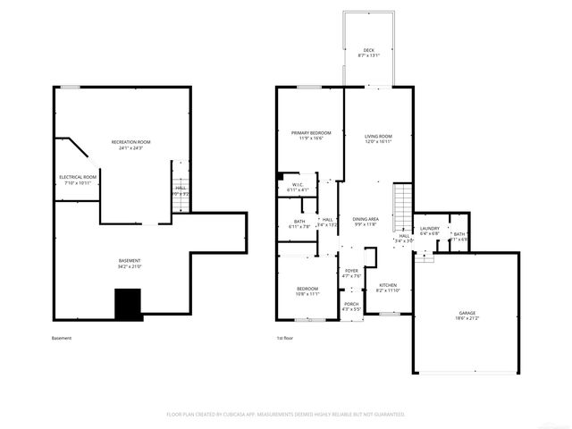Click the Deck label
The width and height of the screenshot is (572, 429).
click(368, 53)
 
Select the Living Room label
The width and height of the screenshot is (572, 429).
click(378, 139)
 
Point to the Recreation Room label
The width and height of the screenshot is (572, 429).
click(130, 145)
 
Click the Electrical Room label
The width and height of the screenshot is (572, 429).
click(78, 180)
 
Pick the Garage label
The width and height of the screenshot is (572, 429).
click(467, 315)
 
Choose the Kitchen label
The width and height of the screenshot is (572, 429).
click(387, 288)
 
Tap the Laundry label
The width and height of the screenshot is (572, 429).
click(429, 231)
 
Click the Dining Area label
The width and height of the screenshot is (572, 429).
click(366, 222)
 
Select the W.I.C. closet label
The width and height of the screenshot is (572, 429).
click(298, 188)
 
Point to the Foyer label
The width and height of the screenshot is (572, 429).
click(351, 273)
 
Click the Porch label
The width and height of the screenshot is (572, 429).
click(351, 307)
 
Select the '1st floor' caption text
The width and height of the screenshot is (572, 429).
click(286, 338)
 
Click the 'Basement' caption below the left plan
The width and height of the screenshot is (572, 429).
click(62, 338)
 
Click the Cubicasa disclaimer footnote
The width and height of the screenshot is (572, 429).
click(286, 415)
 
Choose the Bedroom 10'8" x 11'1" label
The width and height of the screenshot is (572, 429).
click(307, 291)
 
